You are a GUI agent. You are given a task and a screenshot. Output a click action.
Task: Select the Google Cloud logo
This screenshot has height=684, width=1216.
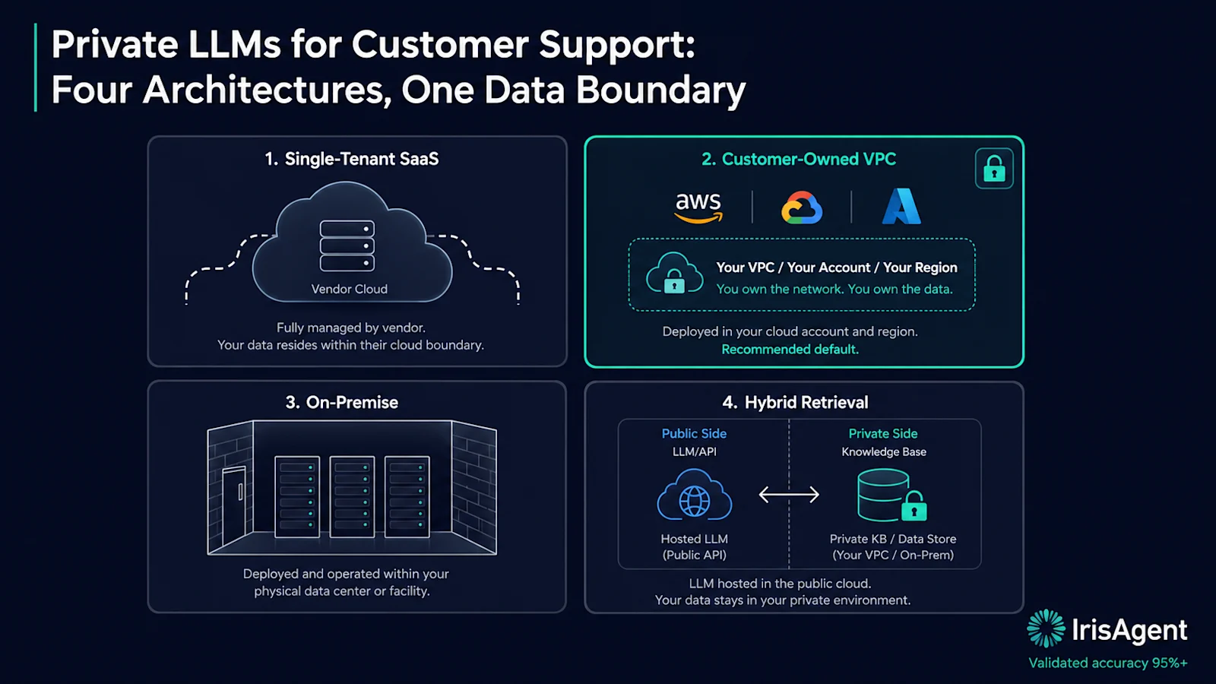point(802,207)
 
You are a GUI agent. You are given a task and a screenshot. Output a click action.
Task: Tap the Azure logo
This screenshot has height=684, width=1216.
point(901,206)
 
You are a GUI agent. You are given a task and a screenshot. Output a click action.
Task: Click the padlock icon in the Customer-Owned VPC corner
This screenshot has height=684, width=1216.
point(994,168)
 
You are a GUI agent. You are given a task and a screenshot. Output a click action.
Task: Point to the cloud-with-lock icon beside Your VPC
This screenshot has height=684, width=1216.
point(674,274)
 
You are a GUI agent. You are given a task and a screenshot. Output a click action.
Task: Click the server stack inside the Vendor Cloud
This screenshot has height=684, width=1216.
point(347,245)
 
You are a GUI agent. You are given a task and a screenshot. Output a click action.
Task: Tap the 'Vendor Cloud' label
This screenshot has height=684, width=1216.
point(349,289)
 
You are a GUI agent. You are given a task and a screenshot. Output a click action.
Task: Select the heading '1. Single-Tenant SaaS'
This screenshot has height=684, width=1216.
point(351,159)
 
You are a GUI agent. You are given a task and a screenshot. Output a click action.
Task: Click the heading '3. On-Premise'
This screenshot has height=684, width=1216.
point(341,402)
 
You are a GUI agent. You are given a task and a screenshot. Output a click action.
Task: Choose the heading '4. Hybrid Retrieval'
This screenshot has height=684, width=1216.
point(795,402)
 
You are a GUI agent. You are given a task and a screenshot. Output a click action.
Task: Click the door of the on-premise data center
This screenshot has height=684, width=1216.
point(234,508)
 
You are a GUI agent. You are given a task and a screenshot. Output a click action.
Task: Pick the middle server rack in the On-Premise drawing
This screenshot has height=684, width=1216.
point(352,497)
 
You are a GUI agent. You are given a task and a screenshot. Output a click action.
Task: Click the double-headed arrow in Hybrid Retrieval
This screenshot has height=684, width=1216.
point(789,495)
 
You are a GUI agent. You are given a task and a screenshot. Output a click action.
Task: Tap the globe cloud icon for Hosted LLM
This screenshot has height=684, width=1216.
point(695,495)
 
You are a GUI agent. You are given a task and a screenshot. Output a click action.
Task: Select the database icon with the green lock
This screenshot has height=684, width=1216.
point(891,496)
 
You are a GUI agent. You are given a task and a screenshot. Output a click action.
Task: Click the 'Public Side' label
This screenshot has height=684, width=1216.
point(694,434)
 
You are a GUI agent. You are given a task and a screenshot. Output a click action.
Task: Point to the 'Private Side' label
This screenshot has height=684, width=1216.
point(882,434)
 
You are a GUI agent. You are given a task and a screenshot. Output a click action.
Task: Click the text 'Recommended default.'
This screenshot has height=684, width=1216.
point(790,350)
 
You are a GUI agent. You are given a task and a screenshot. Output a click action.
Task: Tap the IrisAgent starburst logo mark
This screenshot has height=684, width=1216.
point(1046,629)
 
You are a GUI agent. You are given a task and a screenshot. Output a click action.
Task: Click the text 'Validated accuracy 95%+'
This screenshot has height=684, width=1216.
point(1108,663)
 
